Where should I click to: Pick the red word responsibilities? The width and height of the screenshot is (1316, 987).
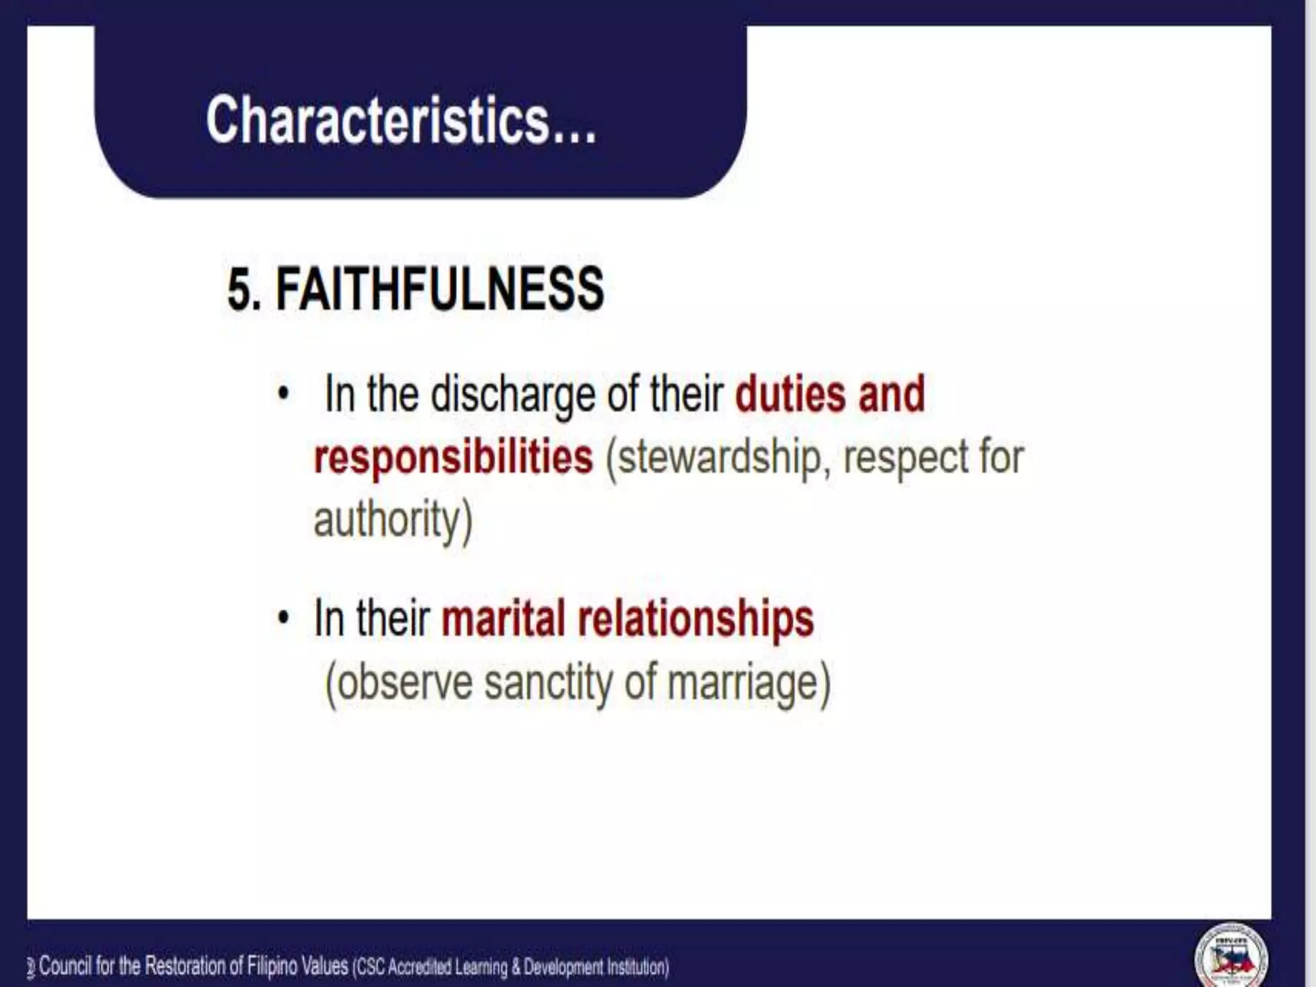click(453, 457)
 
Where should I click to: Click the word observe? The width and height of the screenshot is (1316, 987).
click(405, 682)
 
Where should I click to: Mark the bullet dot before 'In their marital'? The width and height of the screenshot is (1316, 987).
click(283, 618)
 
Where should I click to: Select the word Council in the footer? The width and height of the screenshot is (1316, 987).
click(65, 966)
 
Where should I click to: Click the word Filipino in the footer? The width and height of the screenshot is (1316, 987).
click(272, 966)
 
